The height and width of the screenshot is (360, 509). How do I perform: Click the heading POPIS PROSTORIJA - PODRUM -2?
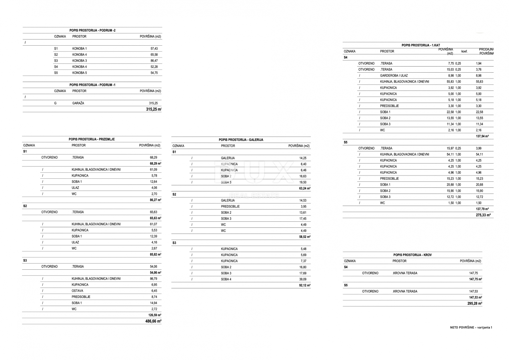(92, 30)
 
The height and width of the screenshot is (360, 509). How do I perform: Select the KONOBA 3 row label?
(79, 61)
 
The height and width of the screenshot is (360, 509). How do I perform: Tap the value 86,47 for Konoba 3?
(154, 61)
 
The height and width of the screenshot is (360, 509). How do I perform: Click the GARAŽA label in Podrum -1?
(78, 103)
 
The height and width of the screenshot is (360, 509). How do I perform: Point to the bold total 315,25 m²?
(153, 109)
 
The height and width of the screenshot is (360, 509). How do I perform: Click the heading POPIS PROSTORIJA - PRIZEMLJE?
(92, 139)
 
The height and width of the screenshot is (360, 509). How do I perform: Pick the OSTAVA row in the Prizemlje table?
(77, 291)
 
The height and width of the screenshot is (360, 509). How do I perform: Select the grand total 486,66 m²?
(153, 321)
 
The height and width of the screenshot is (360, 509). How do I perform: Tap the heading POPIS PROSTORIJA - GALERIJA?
(241, 140)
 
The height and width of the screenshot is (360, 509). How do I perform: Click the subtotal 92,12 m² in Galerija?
(305, 286)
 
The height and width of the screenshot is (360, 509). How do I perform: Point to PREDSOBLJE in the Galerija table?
(230, 207)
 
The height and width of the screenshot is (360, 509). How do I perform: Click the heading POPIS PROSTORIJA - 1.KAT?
(421, 45)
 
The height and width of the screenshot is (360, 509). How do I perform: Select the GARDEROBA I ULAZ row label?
(394, 76)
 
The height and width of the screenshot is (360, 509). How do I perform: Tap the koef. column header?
(464, 51)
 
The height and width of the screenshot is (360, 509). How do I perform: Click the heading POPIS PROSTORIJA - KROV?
(412, 255)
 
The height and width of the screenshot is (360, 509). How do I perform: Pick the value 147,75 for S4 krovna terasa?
(473, 273)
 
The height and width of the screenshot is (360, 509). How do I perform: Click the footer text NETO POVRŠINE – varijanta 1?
(471, 328)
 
